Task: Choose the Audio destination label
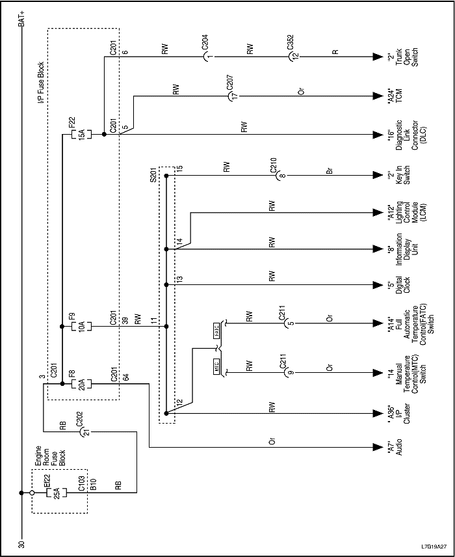coord(396,448)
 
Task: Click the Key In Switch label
coord(396,176)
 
